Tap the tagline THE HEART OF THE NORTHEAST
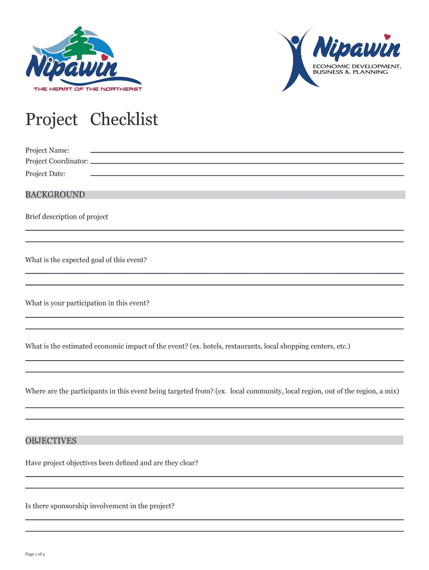coord(88,89)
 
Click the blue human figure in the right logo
coord(294,58)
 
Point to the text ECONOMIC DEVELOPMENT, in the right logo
coord(357,66)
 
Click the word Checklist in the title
coord(124,120)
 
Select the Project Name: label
coord(47,150)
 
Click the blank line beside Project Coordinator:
coord(247,163)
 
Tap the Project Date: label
coord(45,174)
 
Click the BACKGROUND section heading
coord(55,195)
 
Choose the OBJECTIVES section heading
coord(51,441)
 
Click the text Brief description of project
coord(67,217)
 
